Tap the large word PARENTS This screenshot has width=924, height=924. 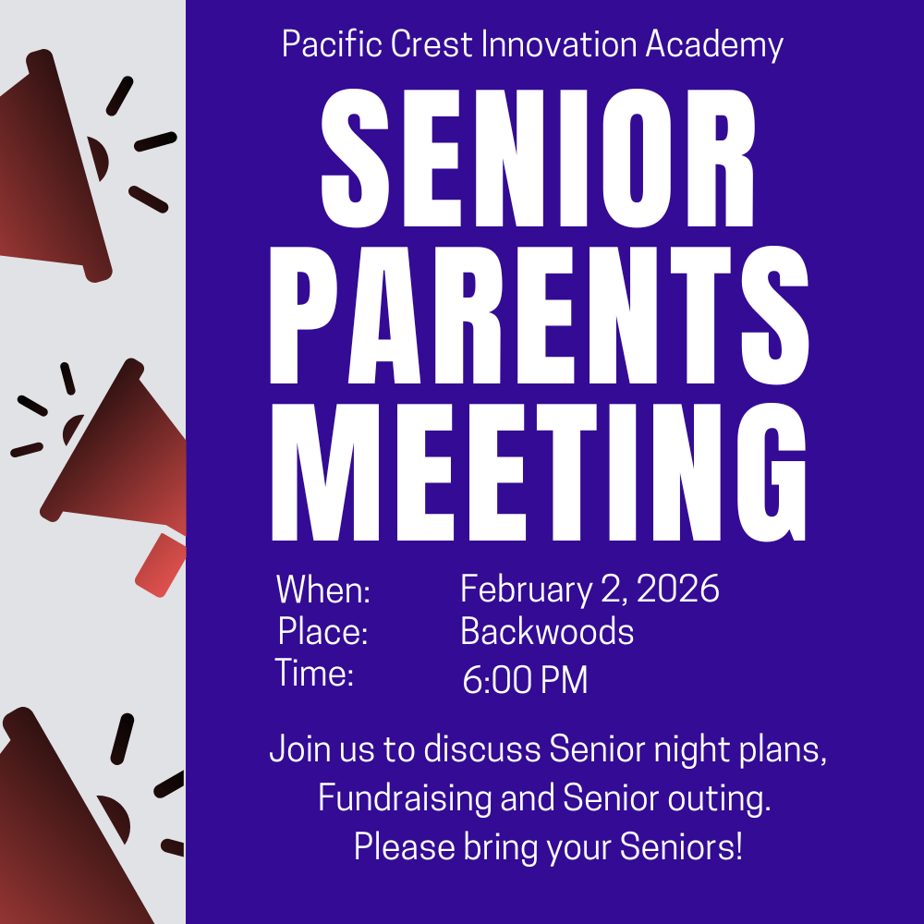pyautogui.click(x=540, y=316)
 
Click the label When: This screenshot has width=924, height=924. pyautogui.click(x=323, y=590)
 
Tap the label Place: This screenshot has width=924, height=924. pyautogui.click(x=323, y=633)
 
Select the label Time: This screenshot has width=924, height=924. pyautogui.click(x=315, y=674)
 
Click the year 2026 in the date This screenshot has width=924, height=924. pyautogui.click(x=678, y=590)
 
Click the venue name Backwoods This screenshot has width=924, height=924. pyautogui.click(x=547, y=633)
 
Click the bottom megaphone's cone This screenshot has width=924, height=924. pyautogui.click(x=55, y=822)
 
